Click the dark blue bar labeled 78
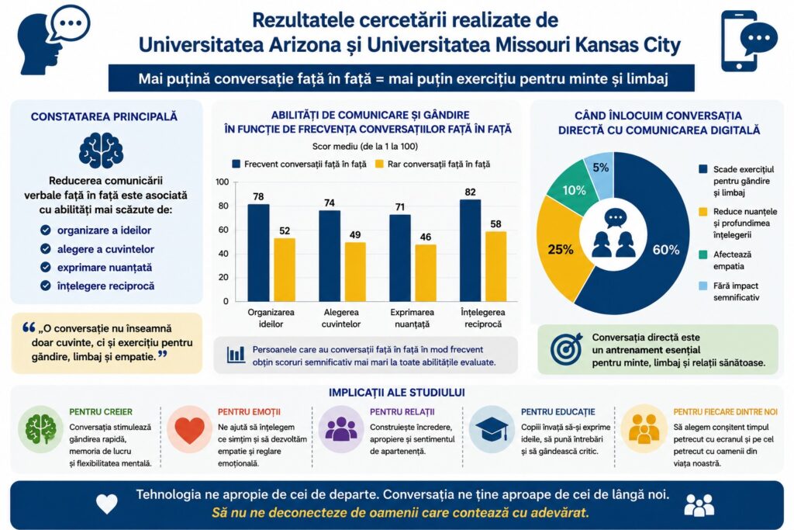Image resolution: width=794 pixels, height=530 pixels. pyautogui.click(x=258, y=253)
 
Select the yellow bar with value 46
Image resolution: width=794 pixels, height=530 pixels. pyautogui.click(x=426, y=273)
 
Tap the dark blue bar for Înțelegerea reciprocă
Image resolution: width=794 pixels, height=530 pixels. pyautogui.click(x=471, y=251)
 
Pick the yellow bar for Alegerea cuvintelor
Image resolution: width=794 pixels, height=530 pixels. pyautogui.click(x=355, y=272)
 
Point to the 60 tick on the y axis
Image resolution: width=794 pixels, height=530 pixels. pyautogui.click(x=223, y=230)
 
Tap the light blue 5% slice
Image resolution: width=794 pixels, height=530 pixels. pyautogui.click(x=600, y=172)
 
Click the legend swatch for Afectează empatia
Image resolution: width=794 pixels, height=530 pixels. pyautogui.click(x=703, y=255)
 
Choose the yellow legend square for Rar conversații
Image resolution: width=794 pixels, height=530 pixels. pyautogui.click(x=379, y=165)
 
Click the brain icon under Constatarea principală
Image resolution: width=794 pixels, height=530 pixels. pyautogui.click(x=102, y=151)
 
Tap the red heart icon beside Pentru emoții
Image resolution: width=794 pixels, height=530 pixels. pyautogui.click(x=189, y=429)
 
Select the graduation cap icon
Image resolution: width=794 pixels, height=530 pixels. pyautogui.click(x=491, y=428)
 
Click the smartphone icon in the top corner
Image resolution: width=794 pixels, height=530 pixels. pyautogui.click(x=740, y=40)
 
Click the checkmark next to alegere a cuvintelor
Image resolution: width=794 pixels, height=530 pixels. pyautogui.click(x=46, y=249)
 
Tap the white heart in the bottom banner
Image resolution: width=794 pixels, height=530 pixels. pyautogui.click(x=107, y=504)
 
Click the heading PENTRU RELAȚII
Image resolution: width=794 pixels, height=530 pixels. pyautogui.click(x=402, y=412)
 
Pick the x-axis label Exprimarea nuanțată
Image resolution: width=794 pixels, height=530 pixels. pyautogui.click(x=413, y=318)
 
